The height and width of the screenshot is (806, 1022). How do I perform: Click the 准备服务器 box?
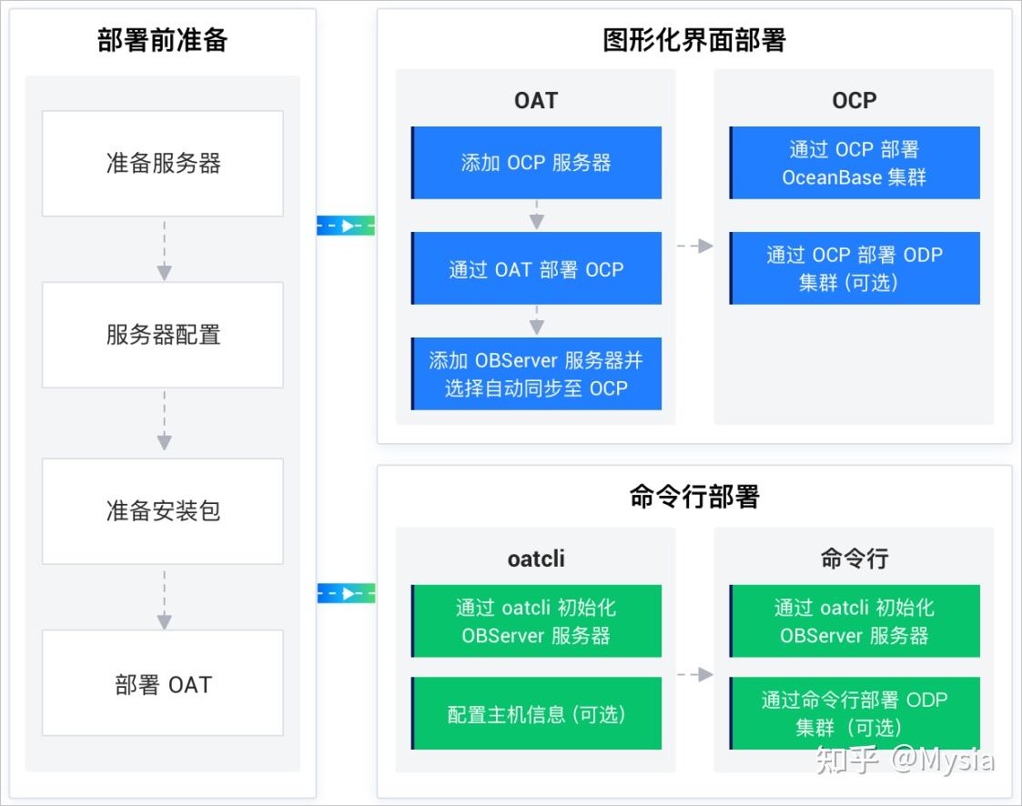[x=163, y=164]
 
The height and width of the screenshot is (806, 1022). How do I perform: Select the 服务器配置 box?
[x=163, y=335]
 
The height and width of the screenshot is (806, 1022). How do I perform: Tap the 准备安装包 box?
[x=163, y=510]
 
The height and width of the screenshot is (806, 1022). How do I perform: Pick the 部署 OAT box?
[x=163, y=684]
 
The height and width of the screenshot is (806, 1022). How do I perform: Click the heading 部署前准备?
[x=163, y=41]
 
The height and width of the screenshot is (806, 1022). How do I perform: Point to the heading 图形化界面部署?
[x=693, y=40]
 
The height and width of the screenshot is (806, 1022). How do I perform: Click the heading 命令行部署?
[x=693, y=497]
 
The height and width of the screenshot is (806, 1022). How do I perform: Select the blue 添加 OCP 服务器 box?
[x=536, y=163]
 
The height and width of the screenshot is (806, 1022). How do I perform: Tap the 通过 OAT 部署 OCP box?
[x=536, y=269]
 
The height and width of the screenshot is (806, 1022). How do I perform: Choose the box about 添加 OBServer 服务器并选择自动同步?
[x=536, y=374]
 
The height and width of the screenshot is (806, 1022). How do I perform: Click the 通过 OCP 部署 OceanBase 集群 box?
[x=855, y=163]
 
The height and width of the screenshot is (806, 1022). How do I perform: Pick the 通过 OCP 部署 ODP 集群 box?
[x=855, y=268]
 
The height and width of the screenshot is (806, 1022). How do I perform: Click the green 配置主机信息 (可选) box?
[x=536, y=714]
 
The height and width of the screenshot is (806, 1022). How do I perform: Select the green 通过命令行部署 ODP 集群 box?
[x=855, y=713]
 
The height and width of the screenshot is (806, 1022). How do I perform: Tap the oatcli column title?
[x=536, y=558]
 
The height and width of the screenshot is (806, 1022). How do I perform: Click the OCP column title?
[x=854, y=100]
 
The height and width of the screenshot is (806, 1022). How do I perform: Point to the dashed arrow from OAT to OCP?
[x=694, y=246]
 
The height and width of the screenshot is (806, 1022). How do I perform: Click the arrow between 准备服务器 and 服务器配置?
[x=164, y=249]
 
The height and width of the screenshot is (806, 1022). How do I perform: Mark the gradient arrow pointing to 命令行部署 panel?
[x=346, y=594]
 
